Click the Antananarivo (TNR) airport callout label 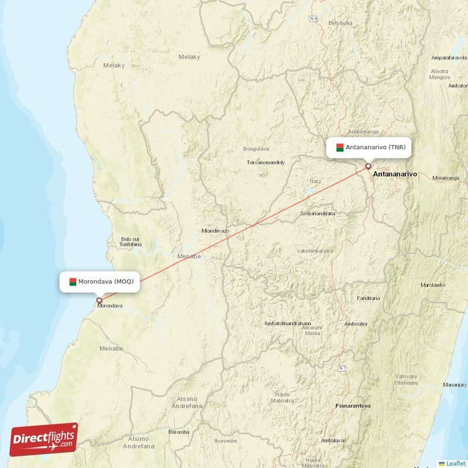click(x=369, y=147)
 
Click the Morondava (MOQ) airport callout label click(x=99, y=281)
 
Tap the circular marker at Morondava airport click(x=99, y=301)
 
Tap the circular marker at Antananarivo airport click(x=368, y=166)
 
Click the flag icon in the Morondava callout click(x=73, y=281)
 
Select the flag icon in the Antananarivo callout click(x=340, y=147)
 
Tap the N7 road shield click(x=342, y=368)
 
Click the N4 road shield click(x=314, y=19)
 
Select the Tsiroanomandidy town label click(x=266, y=162)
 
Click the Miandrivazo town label click(x=215, y=231)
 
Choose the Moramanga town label click(x=446, y=177)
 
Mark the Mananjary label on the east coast click(x=455, y=384)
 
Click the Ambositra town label click(x=355, y=324)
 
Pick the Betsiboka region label click(x=340, y=23)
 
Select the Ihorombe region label click(x=225, y=440)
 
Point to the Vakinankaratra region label click(x=315, y=250)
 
